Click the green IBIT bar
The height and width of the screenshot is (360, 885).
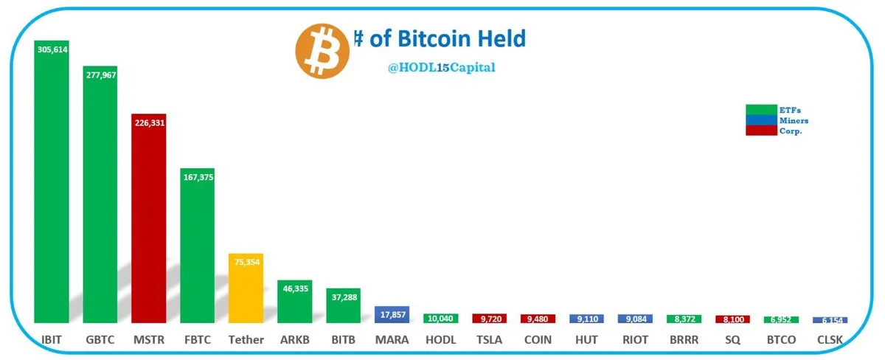52,184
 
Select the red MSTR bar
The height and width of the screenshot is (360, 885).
148,221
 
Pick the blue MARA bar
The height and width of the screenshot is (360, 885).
392,314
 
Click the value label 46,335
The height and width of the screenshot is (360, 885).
294,290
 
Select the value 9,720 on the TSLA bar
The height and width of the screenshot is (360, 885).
489,319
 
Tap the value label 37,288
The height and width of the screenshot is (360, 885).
343,297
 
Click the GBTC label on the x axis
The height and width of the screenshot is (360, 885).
100,340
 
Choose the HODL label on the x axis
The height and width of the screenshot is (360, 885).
440,340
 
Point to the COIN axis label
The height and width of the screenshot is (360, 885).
538,340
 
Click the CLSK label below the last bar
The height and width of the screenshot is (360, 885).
830,340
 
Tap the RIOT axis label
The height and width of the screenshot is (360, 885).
635,340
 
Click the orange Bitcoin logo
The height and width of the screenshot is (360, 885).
322,50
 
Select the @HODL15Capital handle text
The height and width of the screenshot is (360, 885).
442,68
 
